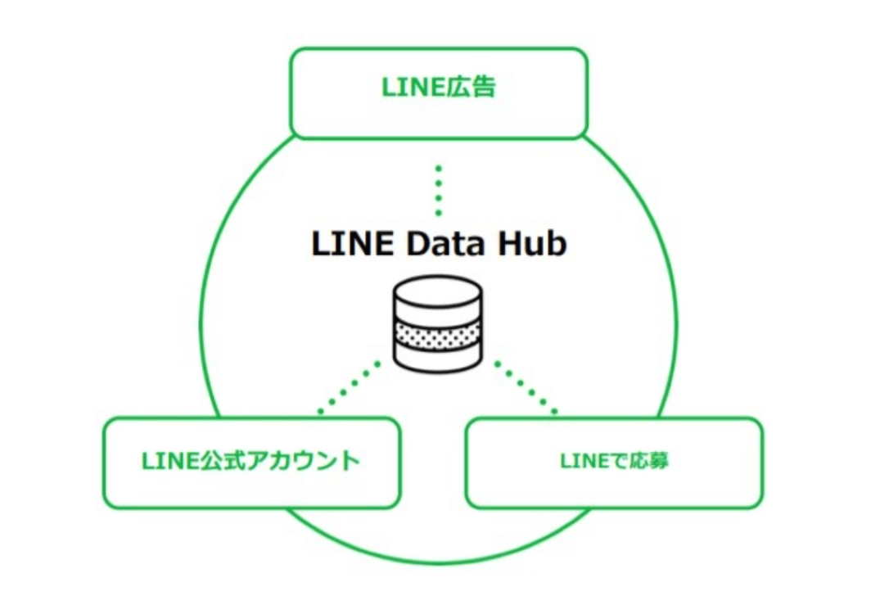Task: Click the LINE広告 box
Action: tap(439, 93)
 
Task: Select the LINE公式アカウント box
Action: tap(251, 463)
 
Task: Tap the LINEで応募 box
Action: tap(614, 463)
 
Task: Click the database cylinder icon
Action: tap(436, 323)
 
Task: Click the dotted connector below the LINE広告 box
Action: tap(439, 190)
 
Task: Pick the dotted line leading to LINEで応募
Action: tap(526, 386)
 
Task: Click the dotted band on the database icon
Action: tap(436, 334)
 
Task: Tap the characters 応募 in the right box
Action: tap(652, 462)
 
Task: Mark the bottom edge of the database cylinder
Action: tap(436, 366)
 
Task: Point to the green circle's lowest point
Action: tap(440, 562)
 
